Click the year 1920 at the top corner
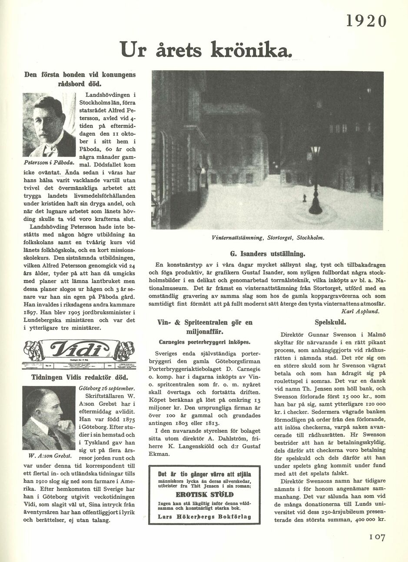tap(366, 21)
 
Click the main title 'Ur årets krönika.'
tap(204, 49)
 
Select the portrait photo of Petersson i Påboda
tap(49, 125)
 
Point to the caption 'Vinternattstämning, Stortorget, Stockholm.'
tap(268, 238)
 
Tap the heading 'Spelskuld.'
tap(330, 322)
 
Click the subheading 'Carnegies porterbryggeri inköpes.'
tap(204, 342)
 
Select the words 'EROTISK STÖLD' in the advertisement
tap(204, 495)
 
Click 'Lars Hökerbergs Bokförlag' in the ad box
tap(204, 517)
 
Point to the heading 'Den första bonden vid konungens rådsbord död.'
tap(80, 78)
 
